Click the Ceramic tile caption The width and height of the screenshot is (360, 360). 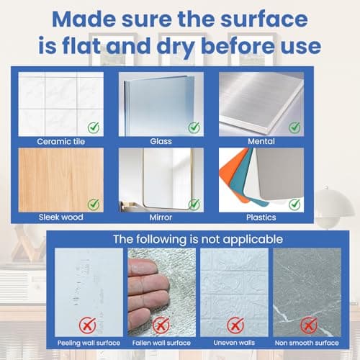click(x=61, y=141)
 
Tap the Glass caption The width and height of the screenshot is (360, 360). click(x=161, y=141)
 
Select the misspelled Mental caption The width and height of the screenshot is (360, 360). click(x=261, y=141)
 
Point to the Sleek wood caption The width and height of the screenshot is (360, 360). click(x=61, y=217)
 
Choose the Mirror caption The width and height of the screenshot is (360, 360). click(x=161, y=217)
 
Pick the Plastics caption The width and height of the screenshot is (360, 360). click(x=261, y=217)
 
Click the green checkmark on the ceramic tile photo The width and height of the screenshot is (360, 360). click(x=94, y=127)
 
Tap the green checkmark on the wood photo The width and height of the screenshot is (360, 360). click(x=94, y=204)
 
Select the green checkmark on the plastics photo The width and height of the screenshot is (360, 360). click(x=294, y=204)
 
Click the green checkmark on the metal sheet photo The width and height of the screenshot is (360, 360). click(x=294, y=127)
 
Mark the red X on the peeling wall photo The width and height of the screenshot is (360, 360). click(x=88, y=325)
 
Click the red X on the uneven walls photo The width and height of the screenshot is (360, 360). click(x=235, y=325)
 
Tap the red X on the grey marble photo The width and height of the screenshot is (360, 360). click(x=309, y=325)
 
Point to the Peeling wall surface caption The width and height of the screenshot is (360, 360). click(x=89, y=343)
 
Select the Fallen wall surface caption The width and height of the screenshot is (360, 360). click(x=161, y=343)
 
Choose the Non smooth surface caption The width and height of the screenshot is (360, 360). click(x=307, y=343)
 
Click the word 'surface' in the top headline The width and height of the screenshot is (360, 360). click(x=264, y=19)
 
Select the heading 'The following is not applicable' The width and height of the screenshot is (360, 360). click(x=198, y=239)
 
